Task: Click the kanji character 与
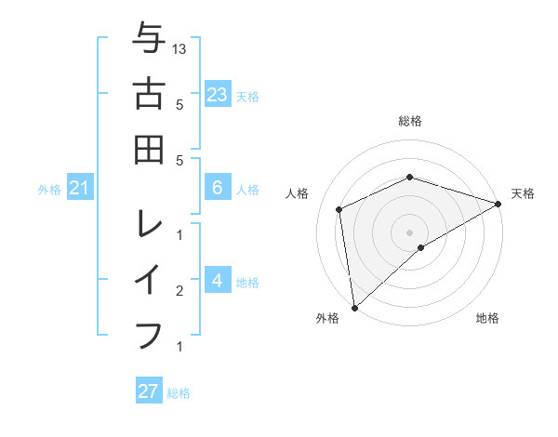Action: coord(149,40)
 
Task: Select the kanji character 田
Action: coord(149,149)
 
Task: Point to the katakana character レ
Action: coord(149,224)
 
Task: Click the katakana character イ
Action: coord(149,279)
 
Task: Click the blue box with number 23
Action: coord(218,95)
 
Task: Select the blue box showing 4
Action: coord(218,282)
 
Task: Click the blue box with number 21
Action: coord(79,189)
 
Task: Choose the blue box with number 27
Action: coord(149,391)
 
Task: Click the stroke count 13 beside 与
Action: coord(179,48)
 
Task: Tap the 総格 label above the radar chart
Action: coord(410,121)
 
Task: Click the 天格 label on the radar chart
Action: coord(523,193)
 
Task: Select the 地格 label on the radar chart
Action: coord(487,318)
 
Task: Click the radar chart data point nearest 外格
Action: coord(354,307)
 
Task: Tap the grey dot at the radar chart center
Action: coord(410,232)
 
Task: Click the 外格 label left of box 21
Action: coord(49,190)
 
